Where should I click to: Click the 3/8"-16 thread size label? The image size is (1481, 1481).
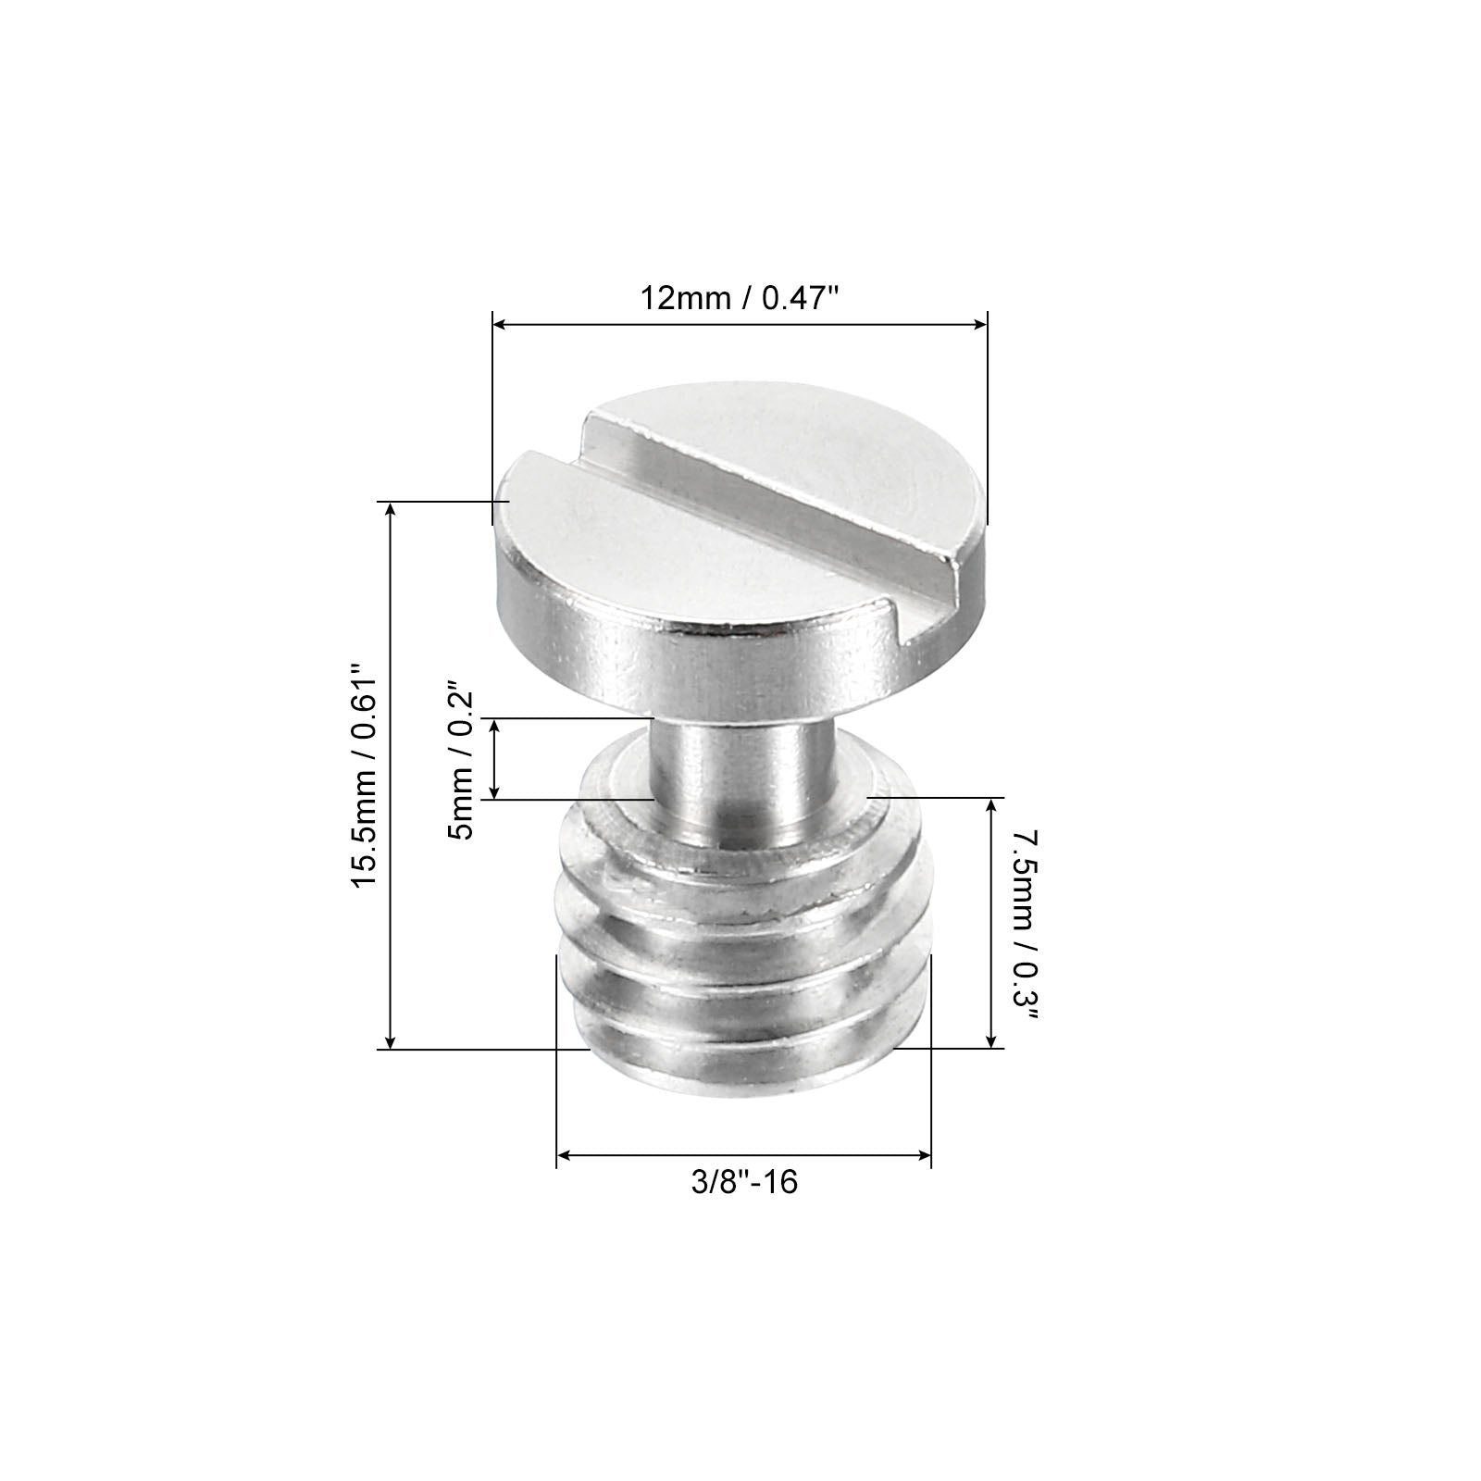pyautogui.click(x=744, y=1182)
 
